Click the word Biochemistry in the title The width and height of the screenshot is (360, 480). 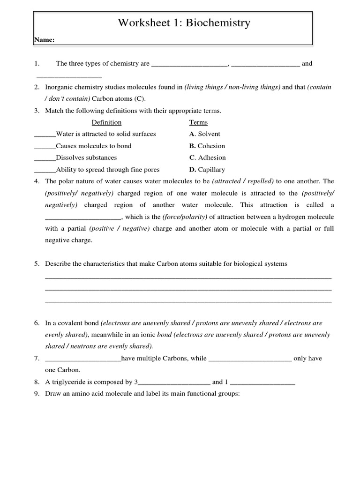[218, 23]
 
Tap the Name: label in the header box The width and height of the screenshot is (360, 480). [45, 40]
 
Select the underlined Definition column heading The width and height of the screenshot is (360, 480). [106, 122]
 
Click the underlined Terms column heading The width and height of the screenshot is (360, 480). [198, 122]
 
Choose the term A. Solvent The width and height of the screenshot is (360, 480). [204, 134]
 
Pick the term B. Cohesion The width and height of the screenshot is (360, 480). [207, 146]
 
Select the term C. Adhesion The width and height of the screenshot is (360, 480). [207, 157]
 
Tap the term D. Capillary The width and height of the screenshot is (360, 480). [207, 170]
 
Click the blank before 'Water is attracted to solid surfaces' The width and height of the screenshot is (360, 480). [45, 135]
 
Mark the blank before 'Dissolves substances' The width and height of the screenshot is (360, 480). [45, 158]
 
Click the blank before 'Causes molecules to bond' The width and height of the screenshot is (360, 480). [45, 147]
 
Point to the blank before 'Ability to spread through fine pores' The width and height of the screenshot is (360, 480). [45, 171]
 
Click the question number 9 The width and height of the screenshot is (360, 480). [37, 394]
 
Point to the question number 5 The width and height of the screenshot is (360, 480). [37, 264]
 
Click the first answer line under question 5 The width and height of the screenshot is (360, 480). [187, 277]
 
